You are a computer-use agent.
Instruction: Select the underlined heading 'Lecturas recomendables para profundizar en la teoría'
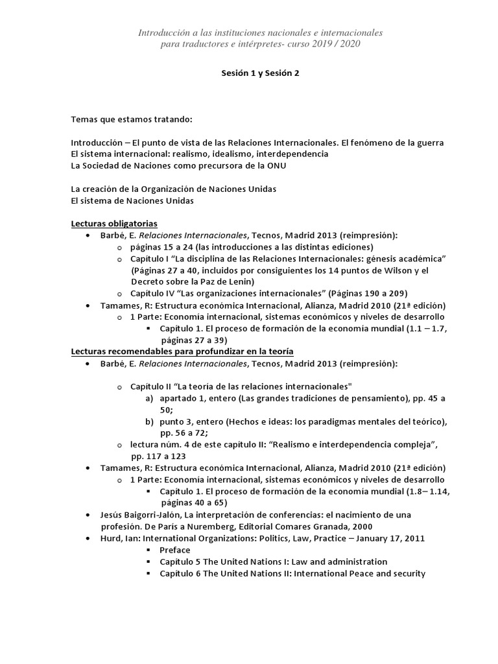[x=182, y=351]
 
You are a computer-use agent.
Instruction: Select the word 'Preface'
[x=175, y=550]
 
